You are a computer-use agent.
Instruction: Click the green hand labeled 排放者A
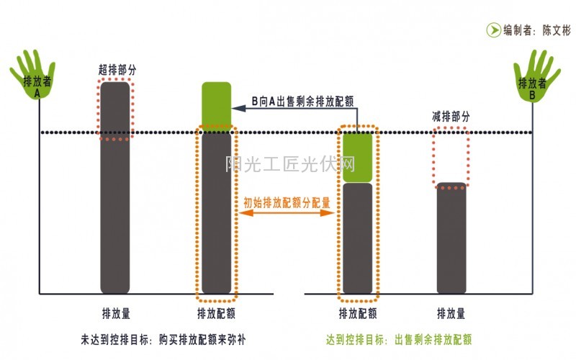pyautogui.click(x=32, y=76)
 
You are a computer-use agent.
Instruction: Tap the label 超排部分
pyautogui.click(x=117, y=70)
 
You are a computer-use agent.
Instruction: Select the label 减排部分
pyautogui.click(x=451, y=117)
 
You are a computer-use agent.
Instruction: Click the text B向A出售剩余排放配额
pyautogui.click(x=302, y=102)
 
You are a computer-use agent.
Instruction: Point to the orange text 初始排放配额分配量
pyautogui.click(x=287, y=203)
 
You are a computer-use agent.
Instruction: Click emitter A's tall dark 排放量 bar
pyautogui.click(x=115, y=187)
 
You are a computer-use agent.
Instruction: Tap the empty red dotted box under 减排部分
pyautogui.click(x=451, y=156)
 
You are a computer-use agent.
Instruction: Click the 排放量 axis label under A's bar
pyautogui.click(x=116, y=314)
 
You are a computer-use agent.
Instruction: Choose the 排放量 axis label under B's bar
pyautogui.click(x=451, y=314)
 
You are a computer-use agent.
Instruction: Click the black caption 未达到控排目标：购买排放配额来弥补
pyautogui.click(x=165, y=338)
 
